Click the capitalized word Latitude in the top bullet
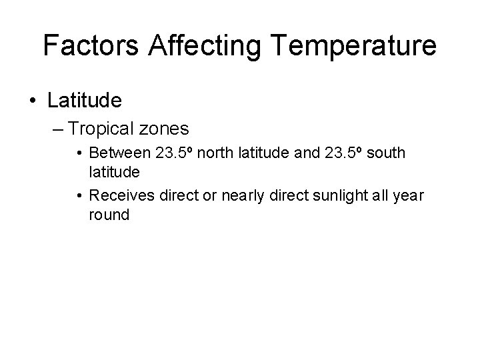(85, 101)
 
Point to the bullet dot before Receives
(79, 196)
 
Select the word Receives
(119, 195)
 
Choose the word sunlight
(328, 195)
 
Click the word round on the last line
(109, 215)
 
